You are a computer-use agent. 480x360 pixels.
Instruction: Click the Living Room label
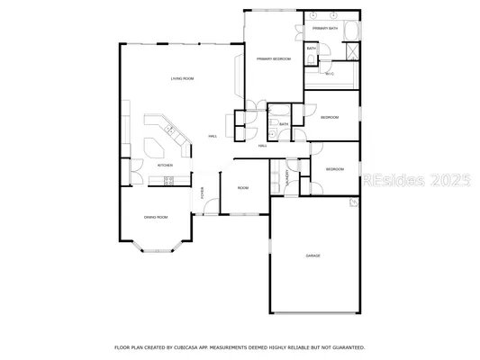(x=183, y=79)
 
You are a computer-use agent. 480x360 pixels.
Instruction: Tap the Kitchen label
(x=165, y=166)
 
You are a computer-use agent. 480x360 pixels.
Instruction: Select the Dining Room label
(x=156, y=217)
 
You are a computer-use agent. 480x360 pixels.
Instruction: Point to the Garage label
(x=312, y=256)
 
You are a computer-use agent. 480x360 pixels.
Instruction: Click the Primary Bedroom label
(x=273, y=58)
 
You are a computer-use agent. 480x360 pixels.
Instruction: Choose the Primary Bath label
(x=325, y=30)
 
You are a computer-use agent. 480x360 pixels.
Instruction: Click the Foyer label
(x=203, y=192)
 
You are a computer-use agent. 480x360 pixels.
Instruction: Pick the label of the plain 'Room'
(x=243, y=188)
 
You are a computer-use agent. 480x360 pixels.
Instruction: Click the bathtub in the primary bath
(x=351, y=31)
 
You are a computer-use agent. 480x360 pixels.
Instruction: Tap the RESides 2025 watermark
(x=416, y=180)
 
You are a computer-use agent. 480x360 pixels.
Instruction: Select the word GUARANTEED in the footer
(x=346, y=346)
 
